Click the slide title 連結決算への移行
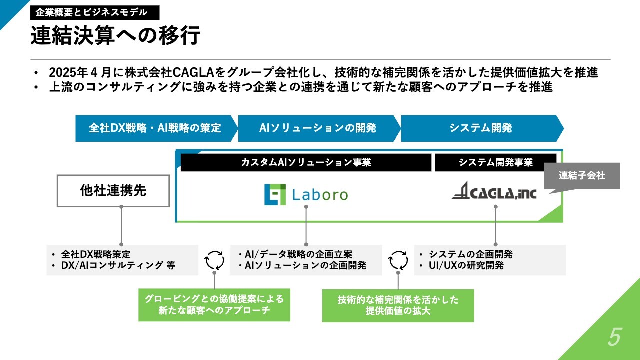point(115,36)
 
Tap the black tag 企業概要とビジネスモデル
point(95,12)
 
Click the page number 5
point(614,338)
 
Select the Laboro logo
point(306,194)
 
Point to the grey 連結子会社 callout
point(582,176)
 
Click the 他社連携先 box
point(113,191)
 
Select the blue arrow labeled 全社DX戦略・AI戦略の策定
point(155,128)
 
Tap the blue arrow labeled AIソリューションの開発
point(318,128)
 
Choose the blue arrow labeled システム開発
point(480,128)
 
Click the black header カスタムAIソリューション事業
point(306,162)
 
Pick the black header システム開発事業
point(496,162)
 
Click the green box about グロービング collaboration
point(214,305)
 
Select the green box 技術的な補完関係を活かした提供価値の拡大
point(398,305)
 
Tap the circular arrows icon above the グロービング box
point(215,260)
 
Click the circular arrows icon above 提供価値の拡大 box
point(398,260)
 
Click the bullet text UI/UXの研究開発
point(466,265)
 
